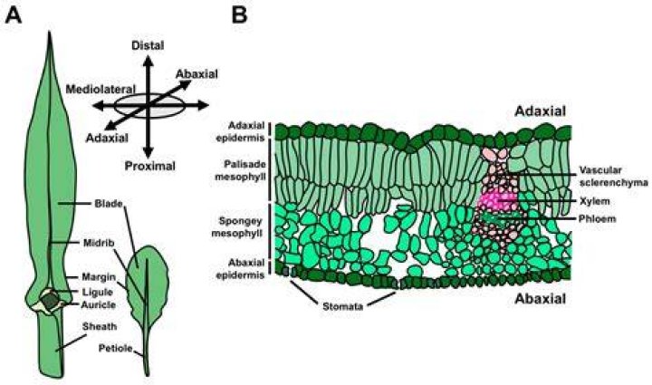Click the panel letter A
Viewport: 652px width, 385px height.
click(x=13, y=15)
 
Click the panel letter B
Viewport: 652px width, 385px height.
click(x=239, y=15)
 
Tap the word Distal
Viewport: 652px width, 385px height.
click(x=148, y=45)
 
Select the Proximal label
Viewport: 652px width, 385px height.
click(x=150, y=167)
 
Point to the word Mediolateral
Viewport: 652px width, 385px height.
click(x=101, y=89)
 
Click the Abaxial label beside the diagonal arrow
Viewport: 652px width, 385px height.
click(x=197, y=74)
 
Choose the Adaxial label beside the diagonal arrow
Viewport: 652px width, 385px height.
click(x=107, y=138)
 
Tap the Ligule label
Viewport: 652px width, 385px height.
click(x=97, y=292)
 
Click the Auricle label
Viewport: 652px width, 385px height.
click(x=98, y=305)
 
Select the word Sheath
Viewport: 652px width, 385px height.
click(x=100, y=326)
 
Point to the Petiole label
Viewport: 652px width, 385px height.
click(x=115, y=348)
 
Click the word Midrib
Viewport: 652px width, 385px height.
click(x=97, y=243)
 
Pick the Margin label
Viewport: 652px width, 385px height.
click(x=99, y=276)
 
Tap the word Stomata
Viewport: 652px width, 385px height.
click(x=342, y=307)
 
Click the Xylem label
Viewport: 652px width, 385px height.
click(x=595, y=201)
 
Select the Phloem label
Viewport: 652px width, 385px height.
click(x=597, y=218)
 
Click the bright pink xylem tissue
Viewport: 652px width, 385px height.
click(x=496, y=202)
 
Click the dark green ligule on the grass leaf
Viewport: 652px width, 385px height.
click(x=51, y=300)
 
